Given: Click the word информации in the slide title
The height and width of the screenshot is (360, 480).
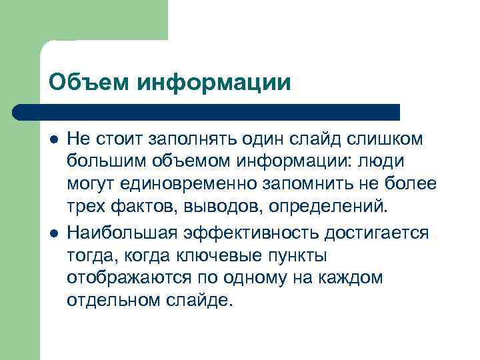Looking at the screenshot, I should tap(215, 83).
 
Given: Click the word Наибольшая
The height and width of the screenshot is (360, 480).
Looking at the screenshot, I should tap(121, 234).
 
